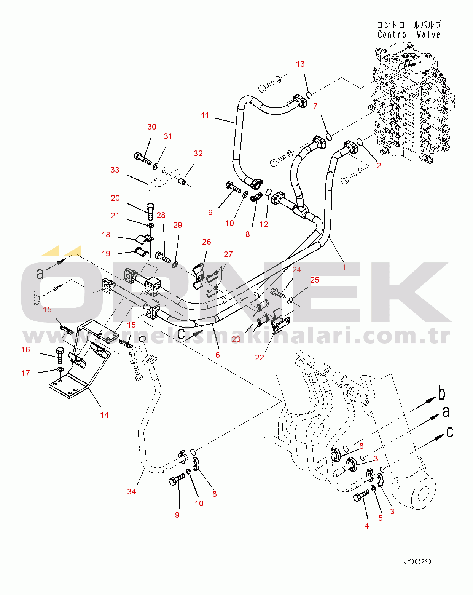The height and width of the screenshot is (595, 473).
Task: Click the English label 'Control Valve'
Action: pos(409,35)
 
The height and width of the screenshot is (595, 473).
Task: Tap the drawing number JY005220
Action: pos(417,561)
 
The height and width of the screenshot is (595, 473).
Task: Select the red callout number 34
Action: pos(131,492)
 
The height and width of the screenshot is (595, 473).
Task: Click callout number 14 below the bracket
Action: pos(104,415)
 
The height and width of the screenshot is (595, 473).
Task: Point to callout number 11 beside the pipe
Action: pos(205,115)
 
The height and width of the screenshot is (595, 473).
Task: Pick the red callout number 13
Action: pos(300,64)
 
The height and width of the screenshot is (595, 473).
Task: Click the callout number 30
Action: pos(151,127)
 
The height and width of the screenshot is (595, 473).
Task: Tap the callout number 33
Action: pos(115,170)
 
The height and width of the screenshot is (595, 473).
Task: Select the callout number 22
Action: pos(259,358)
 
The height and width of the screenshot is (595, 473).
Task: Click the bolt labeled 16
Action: pos(59,355)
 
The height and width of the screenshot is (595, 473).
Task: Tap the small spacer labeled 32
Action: pos(183,181)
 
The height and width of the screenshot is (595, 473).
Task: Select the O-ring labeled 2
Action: pos(360,142)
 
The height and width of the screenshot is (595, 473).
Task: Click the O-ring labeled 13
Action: pos(310,94)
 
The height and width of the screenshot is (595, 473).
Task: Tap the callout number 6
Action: pos(217,355)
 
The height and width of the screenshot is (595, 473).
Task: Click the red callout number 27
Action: pos(228,254)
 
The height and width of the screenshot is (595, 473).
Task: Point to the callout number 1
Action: pos(344,267)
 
